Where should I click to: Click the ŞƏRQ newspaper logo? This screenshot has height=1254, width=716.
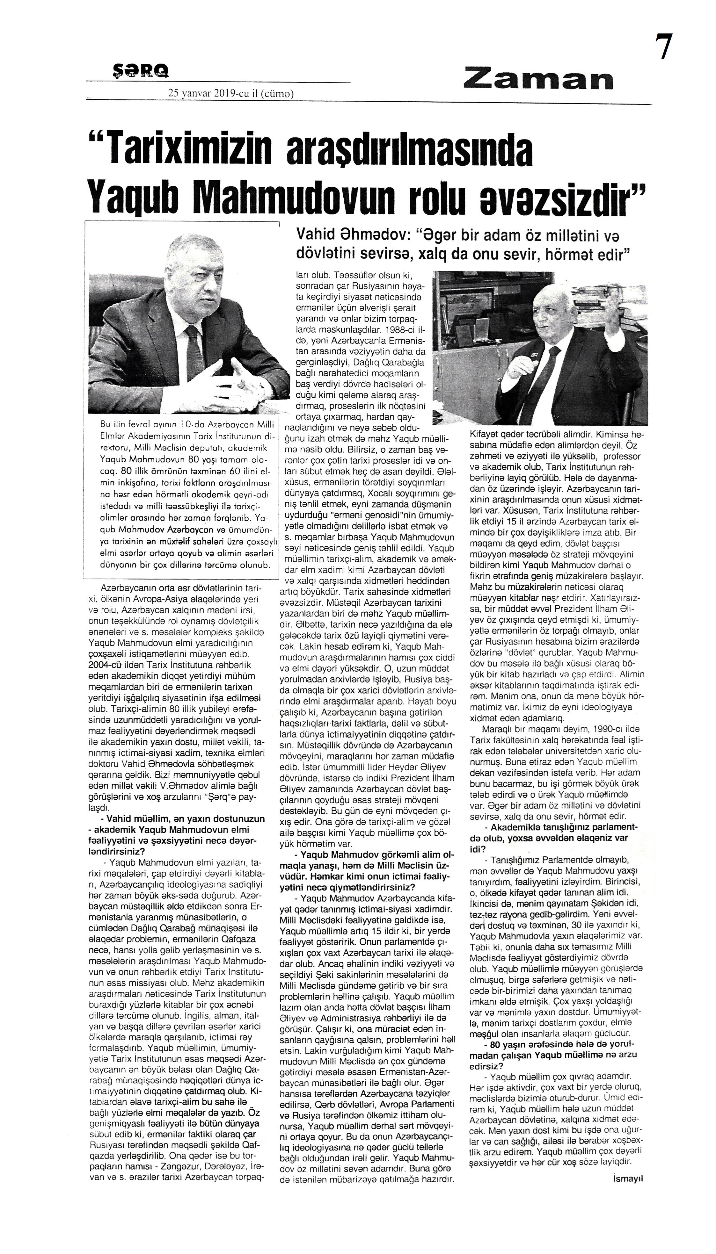(x=140, y=72)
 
